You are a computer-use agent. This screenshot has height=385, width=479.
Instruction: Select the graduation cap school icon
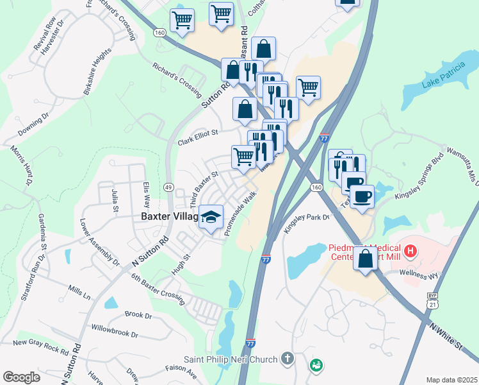[x=210, y=218]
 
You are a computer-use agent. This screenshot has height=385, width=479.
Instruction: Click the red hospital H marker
[x=410, y=248]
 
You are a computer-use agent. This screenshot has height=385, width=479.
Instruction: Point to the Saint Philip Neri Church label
[x=231, y=359]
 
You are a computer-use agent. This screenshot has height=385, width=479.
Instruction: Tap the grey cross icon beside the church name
[x=288, y=359]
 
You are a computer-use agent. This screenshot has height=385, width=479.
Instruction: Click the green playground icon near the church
[x=315, y=365]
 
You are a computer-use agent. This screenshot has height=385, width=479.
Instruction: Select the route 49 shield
[x=168, y=187]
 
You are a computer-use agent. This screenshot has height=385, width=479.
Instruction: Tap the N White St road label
[x=446, y=336]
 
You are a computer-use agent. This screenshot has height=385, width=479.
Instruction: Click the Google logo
[x=22, y=377]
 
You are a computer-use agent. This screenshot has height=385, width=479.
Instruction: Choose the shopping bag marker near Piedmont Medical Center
[x=365, y=259]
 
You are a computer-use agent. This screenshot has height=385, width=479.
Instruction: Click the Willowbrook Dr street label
[x=115, y=334]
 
